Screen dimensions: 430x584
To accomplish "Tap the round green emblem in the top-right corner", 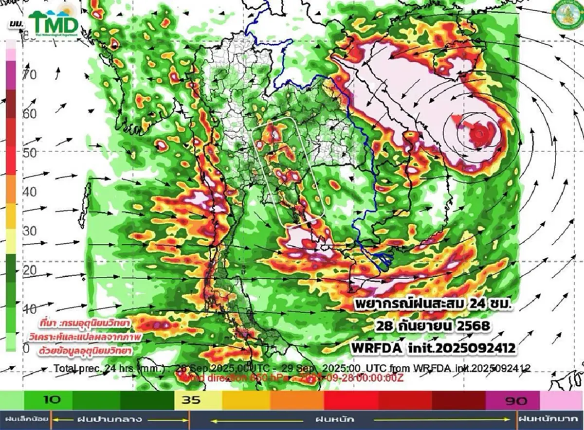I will [x=566, y=17].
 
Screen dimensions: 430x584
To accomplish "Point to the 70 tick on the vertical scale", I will [x=30, y=75].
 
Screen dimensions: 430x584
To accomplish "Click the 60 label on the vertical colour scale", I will [x=30, y=114].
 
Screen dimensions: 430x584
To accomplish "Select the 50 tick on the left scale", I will [x=30, y=153].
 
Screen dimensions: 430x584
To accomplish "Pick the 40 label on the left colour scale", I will [x=30, y=192].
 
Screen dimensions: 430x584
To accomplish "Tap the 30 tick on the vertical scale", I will [x=30, y=231].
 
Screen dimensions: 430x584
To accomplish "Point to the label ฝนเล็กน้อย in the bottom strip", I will [x=25, y=419].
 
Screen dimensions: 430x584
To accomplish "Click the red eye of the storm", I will [x=479, y=132].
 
